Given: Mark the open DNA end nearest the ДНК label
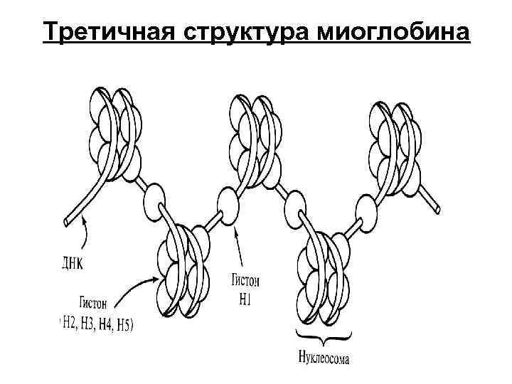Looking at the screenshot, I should (67, 223).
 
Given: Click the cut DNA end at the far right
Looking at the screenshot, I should (438, 209).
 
